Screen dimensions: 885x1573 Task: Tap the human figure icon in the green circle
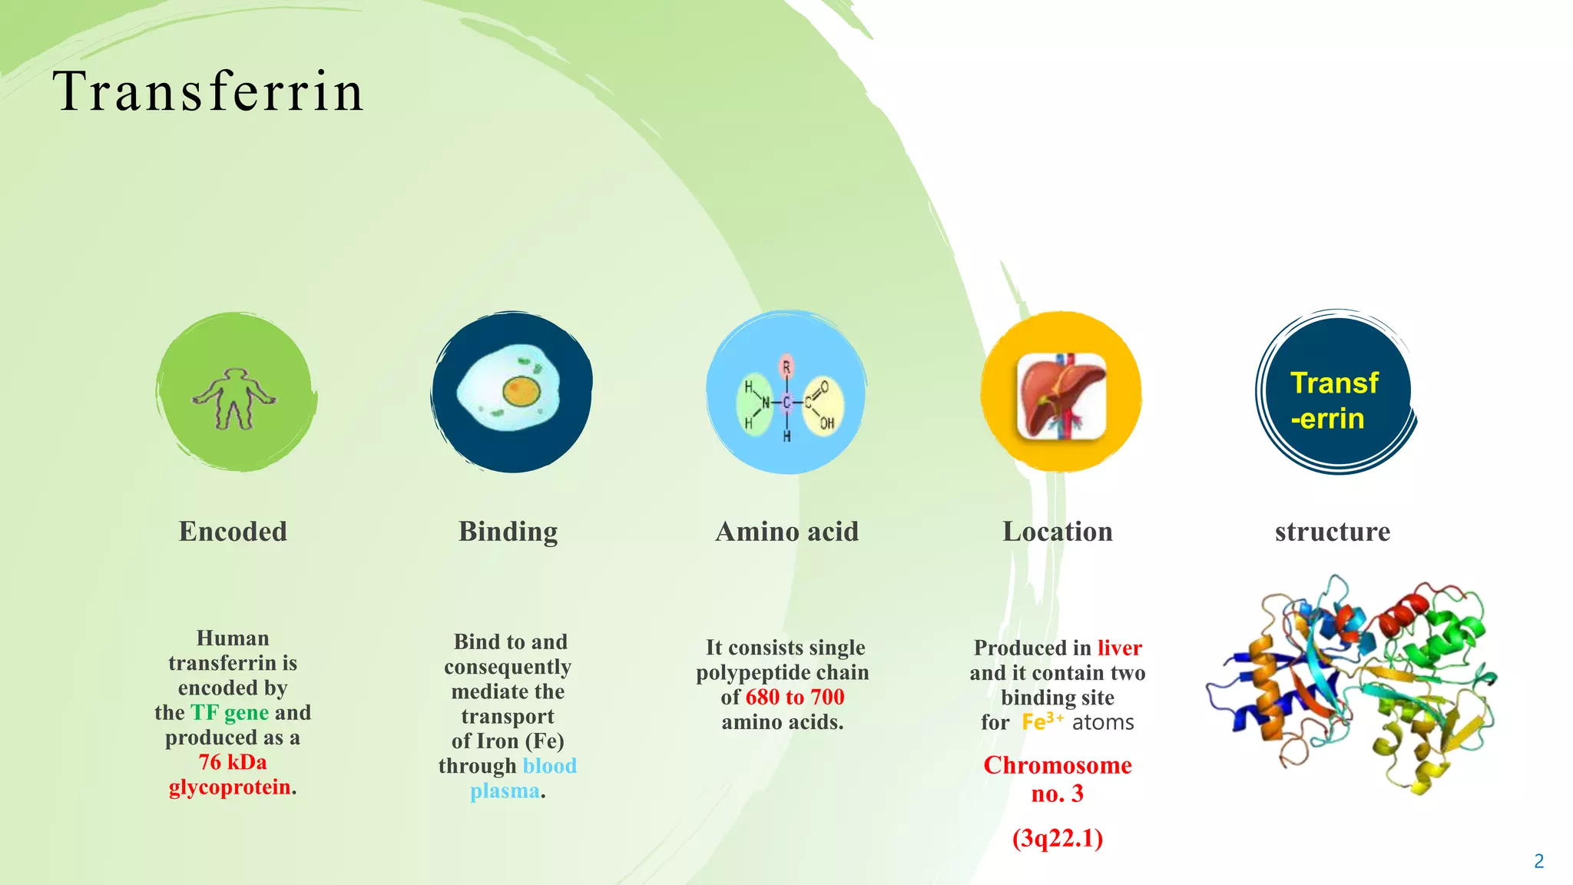tap(233, 399)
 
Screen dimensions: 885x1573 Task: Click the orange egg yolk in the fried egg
tap(522, 392)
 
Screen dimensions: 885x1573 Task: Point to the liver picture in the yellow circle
tap(1061, 396)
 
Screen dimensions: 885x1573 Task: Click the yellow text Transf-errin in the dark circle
tap(1333, 400)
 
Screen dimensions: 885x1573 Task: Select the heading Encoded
tap(233, 532)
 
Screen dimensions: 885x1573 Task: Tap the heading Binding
tap(508, 532)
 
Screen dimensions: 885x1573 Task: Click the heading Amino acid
tap(786, 532)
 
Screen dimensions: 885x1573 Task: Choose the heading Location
tap(1057, 532)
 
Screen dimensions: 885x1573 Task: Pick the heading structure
tap(1333, 532)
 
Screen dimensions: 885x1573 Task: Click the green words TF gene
tap(230, 713)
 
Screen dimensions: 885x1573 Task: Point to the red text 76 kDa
tap(233, 762)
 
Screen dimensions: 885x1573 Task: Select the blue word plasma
tap(505, 791)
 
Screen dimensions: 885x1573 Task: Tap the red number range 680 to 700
tap(795, 697)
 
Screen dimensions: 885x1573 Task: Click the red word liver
tap(1119, 648)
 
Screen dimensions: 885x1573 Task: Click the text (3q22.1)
tap(1057, 837)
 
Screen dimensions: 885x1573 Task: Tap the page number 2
tap(1538, 861)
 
